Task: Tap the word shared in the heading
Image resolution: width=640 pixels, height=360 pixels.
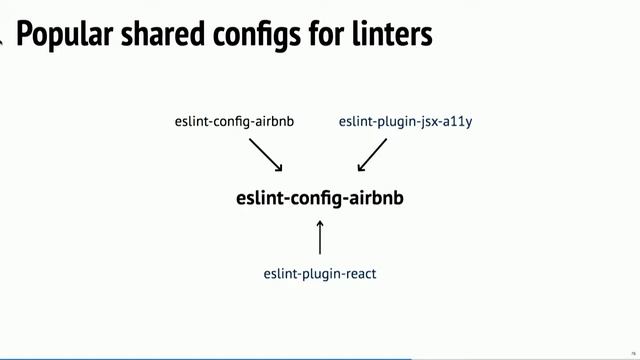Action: pyautogui.click(x=149, y=36)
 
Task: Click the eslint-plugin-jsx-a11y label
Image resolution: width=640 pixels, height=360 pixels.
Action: pyautogui.click(x=405, y=122)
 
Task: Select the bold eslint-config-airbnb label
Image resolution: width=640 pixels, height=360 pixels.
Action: pyautogui.click(x=320, y=198)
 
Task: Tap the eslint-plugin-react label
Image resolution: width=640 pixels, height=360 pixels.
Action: pyautogui.click(x=320, y=273)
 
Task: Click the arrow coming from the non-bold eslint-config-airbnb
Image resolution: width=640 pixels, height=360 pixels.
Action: pyautogui.click(x=265, y=154)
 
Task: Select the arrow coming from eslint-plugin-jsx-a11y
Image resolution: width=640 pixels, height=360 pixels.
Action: pyautogui.click(x=372, y=154)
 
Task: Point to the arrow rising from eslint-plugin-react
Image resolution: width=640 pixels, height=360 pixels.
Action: pyautogui.click(x=320, y=238)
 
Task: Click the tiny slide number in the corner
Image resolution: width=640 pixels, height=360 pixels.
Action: pyautogui.click(x=633, y=352)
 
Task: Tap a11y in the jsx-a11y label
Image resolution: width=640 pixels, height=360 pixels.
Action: pyautogui.click(x=457, y=122)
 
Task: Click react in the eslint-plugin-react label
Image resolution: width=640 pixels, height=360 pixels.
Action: pyautogui.click(x=358, y=273)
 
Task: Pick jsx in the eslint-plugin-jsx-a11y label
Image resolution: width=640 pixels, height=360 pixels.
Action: pyautogui.click(x=428, y=123)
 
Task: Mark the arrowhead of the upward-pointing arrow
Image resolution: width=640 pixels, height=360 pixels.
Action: pyautogui.click(x=320, y=224)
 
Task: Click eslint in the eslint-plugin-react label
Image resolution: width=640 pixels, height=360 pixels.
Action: pyautogui.click(x=280, y=273)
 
